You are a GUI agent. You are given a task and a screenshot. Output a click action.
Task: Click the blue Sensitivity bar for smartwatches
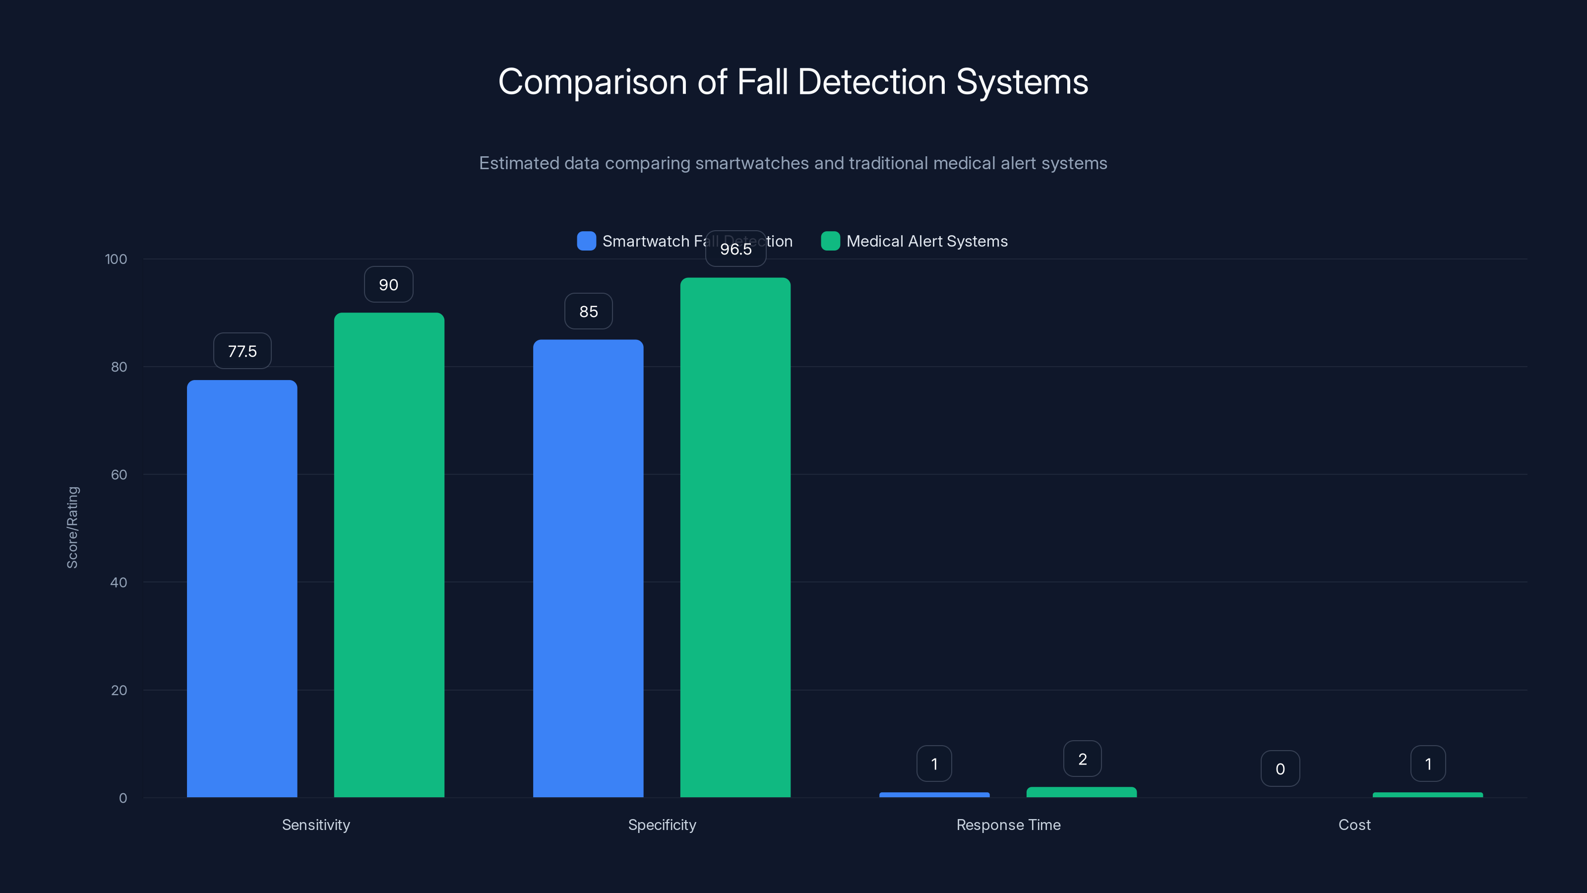(242, 588)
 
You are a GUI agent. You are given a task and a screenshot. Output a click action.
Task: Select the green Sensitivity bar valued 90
(389, 555)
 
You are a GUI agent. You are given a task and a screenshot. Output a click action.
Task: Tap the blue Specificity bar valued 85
(588, 568)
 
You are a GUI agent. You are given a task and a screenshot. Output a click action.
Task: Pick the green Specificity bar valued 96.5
(735, 537)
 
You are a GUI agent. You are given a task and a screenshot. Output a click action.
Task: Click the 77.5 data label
(242, 351)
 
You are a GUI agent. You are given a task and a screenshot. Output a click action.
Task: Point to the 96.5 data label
(735, 249)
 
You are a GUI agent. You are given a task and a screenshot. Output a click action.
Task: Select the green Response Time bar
(1081, 792)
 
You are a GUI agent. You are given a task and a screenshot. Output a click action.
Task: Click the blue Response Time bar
(934, 794)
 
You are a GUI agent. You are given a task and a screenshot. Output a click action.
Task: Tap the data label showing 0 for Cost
(1280, 768)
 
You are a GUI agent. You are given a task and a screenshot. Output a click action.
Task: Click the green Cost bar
(1427, 794)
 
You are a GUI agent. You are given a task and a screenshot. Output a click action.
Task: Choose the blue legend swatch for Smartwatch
(586, 241)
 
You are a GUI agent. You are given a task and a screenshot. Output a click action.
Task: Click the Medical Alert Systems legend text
(926, 241)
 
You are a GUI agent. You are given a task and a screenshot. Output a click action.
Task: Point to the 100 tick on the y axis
(116, 259)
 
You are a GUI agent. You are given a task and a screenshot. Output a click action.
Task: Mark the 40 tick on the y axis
(119, 582)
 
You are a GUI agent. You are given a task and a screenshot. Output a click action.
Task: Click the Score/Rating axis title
(73, 527)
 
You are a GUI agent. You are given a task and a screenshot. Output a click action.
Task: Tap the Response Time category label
(1008, 825)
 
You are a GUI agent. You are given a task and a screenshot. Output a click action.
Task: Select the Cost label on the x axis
(1354, 825)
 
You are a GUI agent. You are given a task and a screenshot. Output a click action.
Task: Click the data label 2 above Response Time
(1082, 759)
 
